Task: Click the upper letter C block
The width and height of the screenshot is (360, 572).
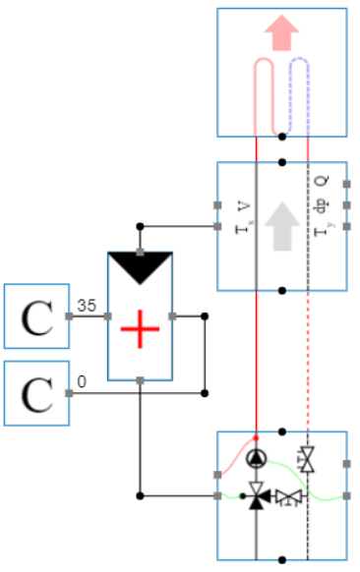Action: (x=36, y=316)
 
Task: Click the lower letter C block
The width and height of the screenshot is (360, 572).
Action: (x=36, y=393)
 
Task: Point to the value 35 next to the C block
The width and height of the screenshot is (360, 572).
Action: (x=86, y=307)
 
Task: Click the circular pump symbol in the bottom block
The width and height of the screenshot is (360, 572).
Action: (x=257, y=457)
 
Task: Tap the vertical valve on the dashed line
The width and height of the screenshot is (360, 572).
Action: (x=308, y=459)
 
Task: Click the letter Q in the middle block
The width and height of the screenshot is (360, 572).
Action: (x=321, y=182)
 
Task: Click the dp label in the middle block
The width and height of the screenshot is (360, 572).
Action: (x=321, y=205)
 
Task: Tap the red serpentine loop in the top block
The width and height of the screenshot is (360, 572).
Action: (x=266, y=93)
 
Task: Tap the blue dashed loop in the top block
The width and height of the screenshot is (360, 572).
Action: (x=299, y=93)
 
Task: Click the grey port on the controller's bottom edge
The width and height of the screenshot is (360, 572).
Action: (x=140, y=379)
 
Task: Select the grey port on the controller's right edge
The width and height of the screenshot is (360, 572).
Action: (x=172, y=315)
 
